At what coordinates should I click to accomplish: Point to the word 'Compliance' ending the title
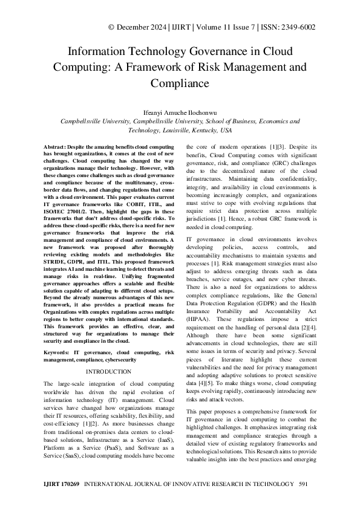180,83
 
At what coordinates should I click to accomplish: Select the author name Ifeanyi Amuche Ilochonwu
180,112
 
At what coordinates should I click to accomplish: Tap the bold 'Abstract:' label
58,147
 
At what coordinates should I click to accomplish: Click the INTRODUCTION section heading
109,371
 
